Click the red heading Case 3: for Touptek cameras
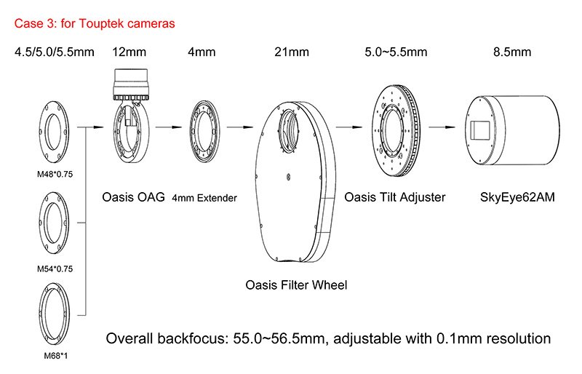coord(95,23)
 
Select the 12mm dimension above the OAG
coord(129,52)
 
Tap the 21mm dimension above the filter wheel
coord(292,52)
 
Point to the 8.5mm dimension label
coord(512,52)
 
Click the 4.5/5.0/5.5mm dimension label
coord(54,52)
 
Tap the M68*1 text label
coord(56,356)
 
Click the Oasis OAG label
coord(133,197)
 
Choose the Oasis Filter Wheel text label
coord(296,285)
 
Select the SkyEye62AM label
coord(517,197)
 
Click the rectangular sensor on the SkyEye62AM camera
coord(481,130)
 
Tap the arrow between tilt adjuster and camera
coord(442,127)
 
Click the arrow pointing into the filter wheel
coord(240,127)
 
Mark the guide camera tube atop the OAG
coord(131,84)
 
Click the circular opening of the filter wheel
coord(288,130)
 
